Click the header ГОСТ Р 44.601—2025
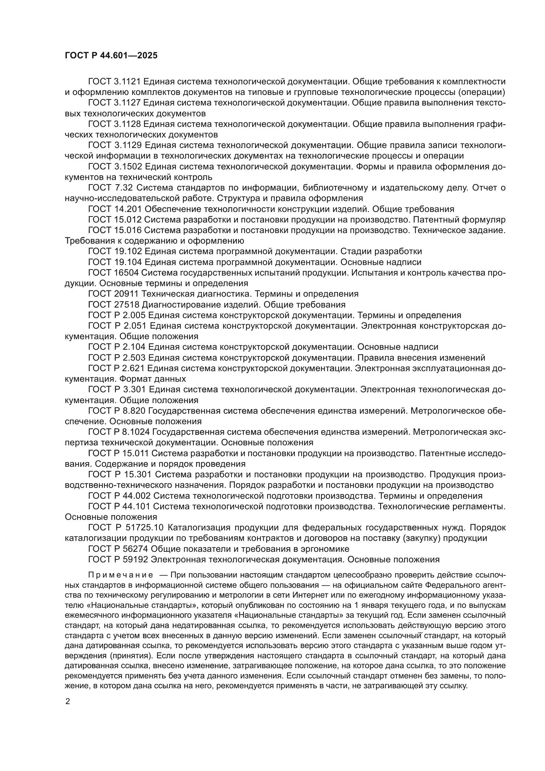coord(111,56)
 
